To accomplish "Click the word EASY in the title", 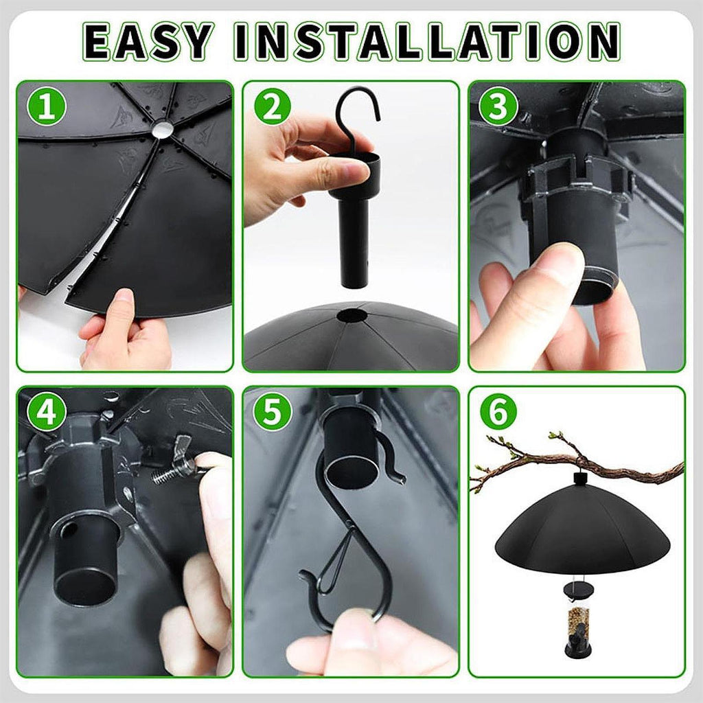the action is (147, 42).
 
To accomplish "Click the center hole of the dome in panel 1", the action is (162, 130).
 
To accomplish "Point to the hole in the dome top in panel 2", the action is (352, 316).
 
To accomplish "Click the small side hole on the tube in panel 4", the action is (69, 531).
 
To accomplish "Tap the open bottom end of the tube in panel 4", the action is (85, 585).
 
